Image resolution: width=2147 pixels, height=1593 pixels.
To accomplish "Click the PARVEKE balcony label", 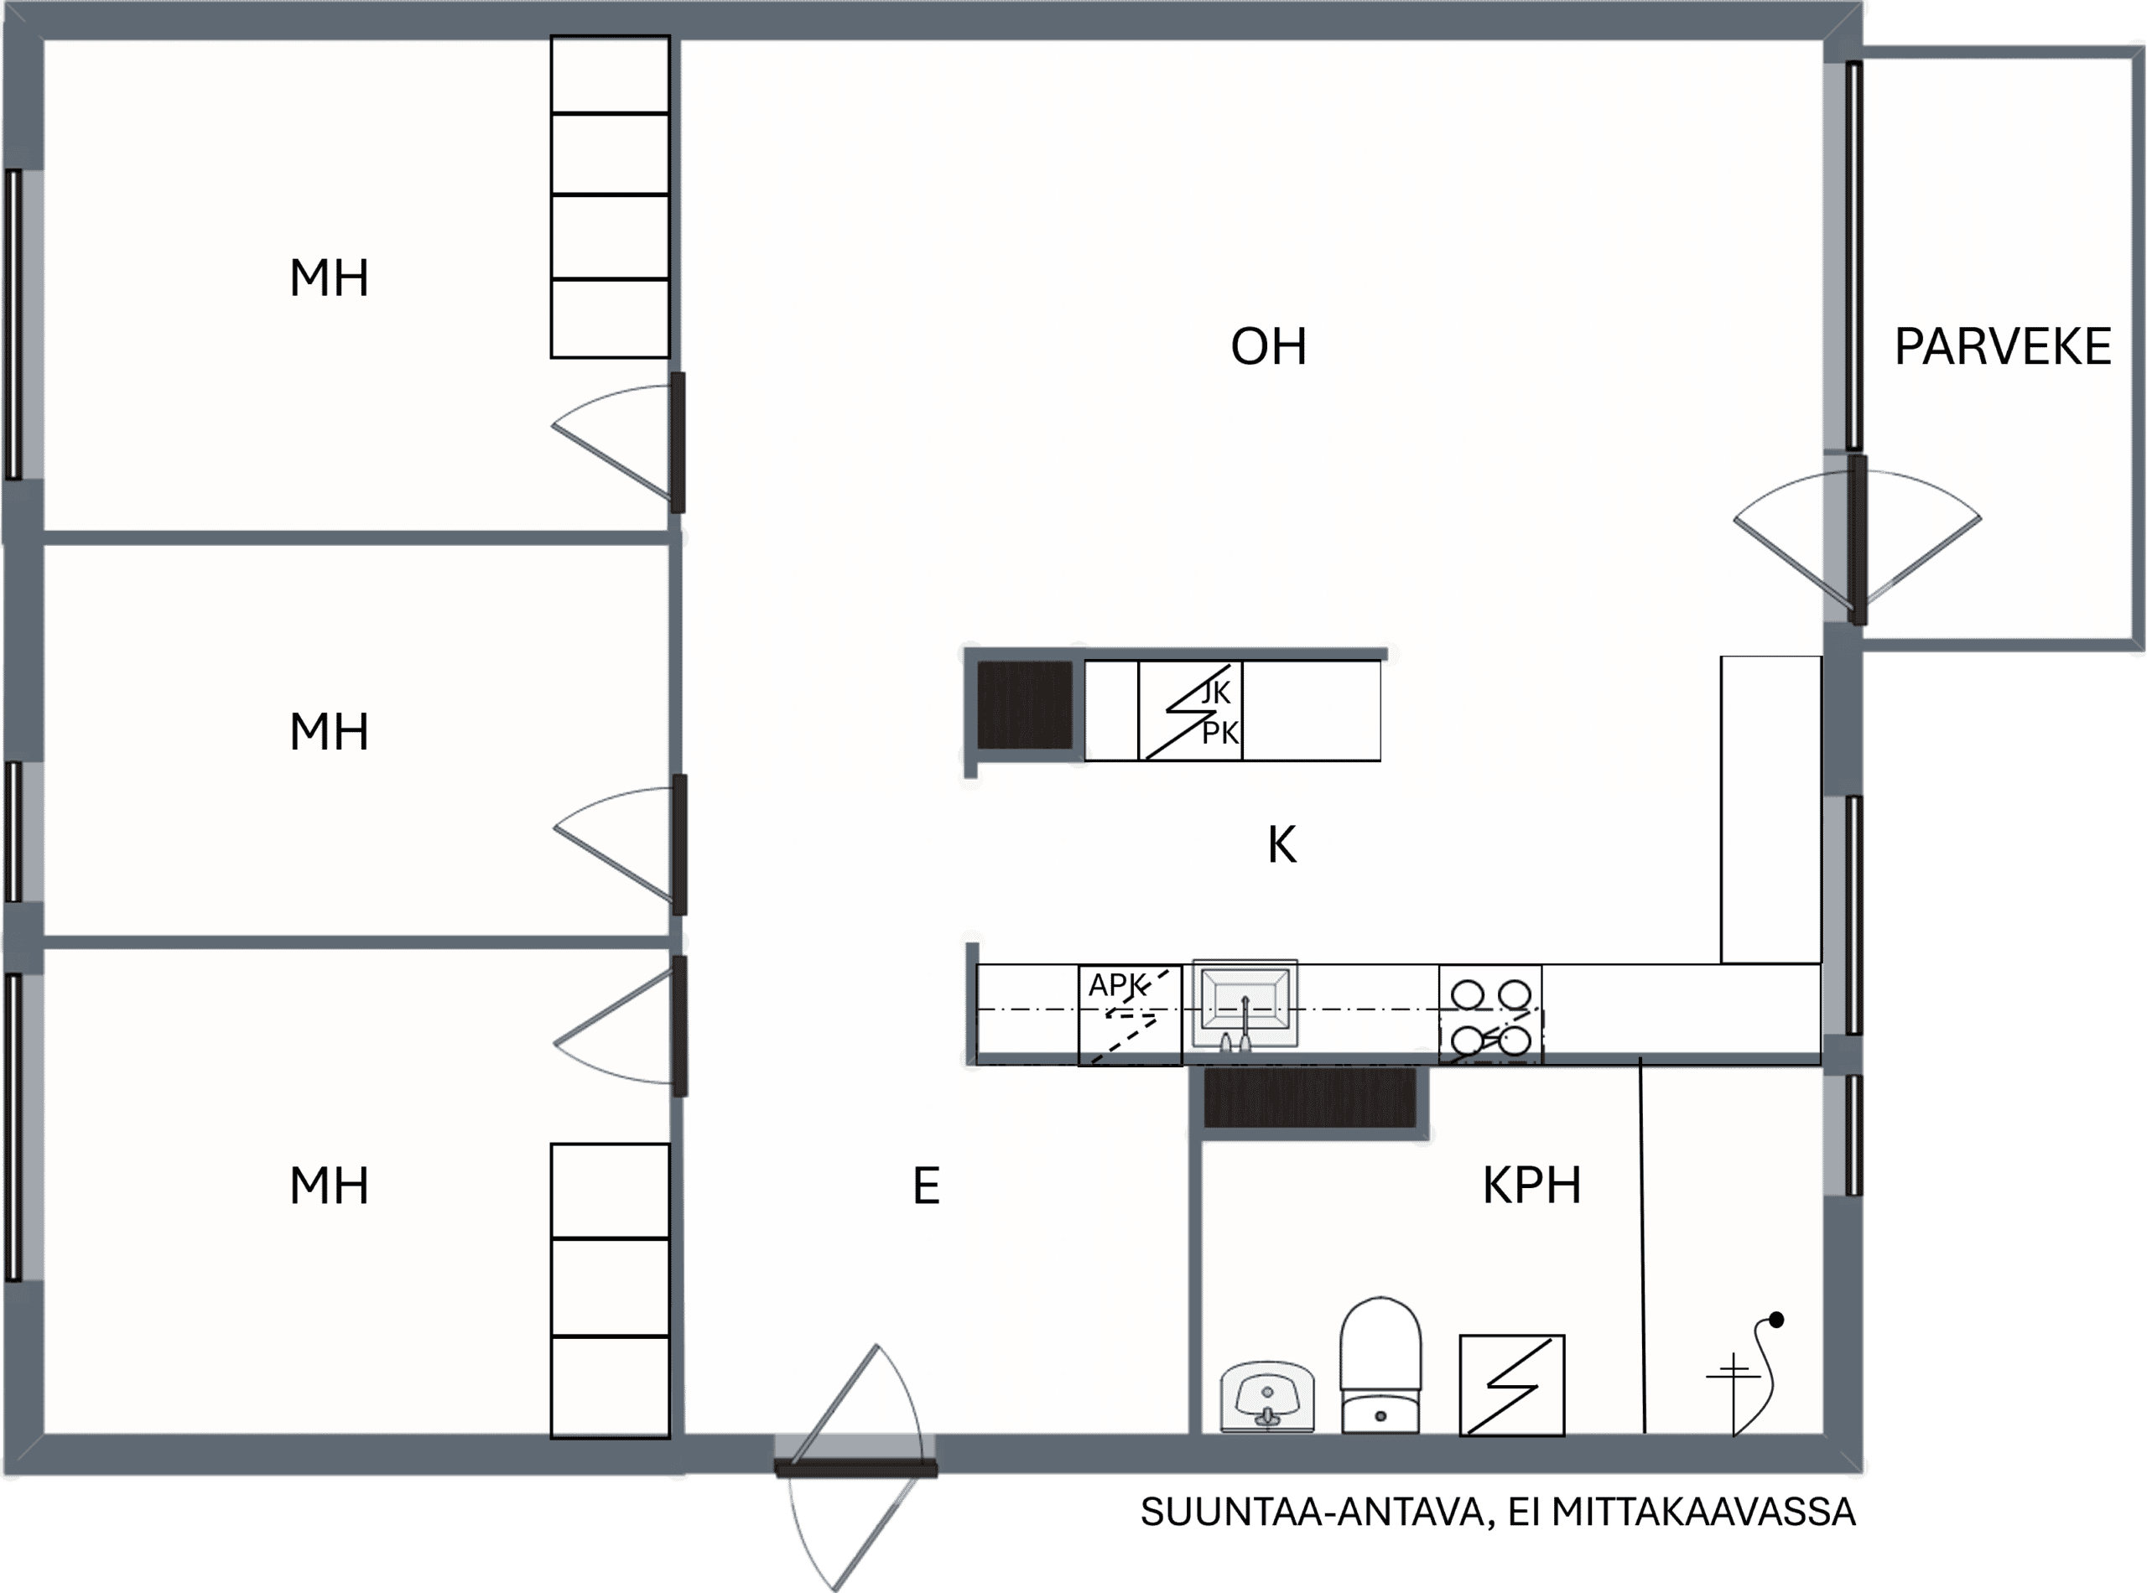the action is (x=2002, y=347).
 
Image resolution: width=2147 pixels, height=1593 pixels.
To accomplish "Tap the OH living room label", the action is (x=1268, y=347).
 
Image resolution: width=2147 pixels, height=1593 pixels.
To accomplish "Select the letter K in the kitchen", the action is (x=1281, y=846).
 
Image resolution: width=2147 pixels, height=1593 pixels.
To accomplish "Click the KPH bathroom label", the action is (x=1531, y=1186).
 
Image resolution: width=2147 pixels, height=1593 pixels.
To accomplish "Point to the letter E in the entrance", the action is (x=926, y=1186).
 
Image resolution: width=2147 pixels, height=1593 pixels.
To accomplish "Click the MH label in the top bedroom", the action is (x=329, y=278).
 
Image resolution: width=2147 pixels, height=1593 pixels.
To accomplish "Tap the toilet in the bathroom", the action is (x=1380, y=1364).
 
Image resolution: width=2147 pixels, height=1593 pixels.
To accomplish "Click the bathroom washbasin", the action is (x=1266, y=1396).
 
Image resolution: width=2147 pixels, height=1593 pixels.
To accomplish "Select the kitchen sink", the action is (x=1245, y=1004).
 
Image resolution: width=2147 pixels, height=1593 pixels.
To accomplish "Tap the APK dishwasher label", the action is (x=1117, y=985).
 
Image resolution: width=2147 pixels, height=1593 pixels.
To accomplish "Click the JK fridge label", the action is (x=1215, y=693).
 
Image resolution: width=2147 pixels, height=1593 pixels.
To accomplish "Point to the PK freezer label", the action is (x=1220, y=734).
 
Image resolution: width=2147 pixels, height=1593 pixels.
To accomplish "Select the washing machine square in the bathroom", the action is (x=1511, y=1386).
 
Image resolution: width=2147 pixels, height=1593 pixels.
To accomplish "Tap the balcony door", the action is (x=1858, y=540).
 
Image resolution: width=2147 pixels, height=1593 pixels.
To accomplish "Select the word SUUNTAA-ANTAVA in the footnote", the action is (x=1318, y=1512).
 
